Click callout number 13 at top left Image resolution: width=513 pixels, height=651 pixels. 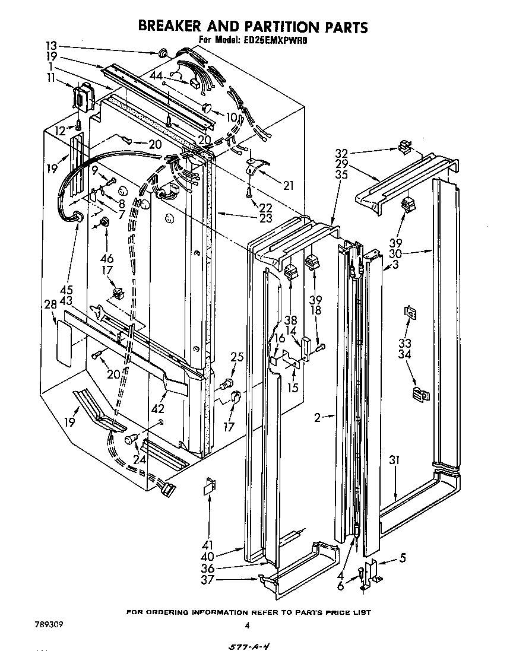coord(52,46)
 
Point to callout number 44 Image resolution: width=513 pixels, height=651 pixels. coord(156,75)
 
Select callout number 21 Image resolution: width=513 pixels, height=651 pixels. coord(289,186)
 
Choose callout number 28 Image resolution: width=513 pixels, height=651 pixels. coord(50,304)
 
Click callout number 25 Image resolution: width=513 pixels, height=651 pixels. coord(237,357)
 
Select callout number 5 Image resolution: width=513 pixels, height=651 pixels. coord(403,558)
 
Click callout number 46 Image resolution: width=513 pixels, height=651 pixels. coord(107,258)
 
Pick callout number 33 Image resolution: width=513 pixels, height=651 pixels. coord(405,343)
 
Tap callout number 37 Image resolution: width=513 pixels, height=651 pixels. coord(207,580)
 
